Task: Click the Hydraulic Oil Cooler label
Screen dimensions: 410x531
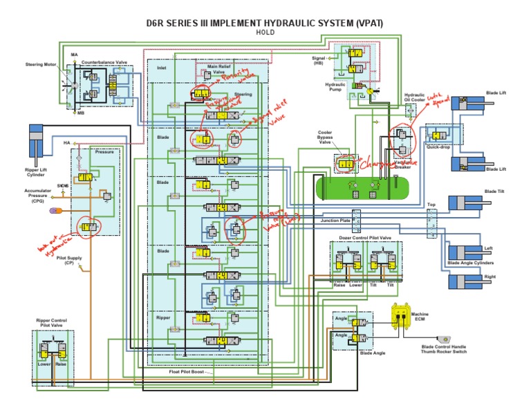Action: [414, 98]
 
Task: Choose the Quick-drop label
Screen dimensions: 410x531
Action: [439, 147]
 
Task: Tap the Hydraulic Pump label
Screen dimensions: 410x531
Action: [335, 86]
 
